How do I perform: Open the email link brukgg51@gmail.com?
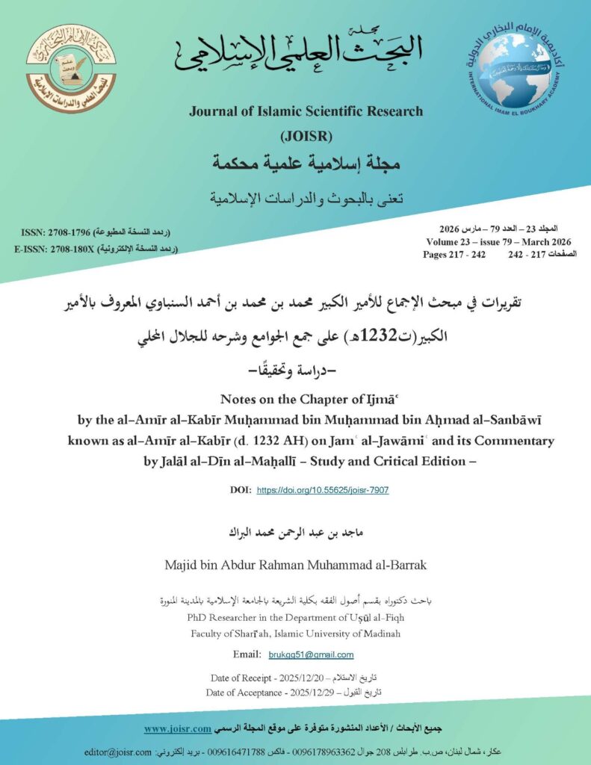pos(311,654)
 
